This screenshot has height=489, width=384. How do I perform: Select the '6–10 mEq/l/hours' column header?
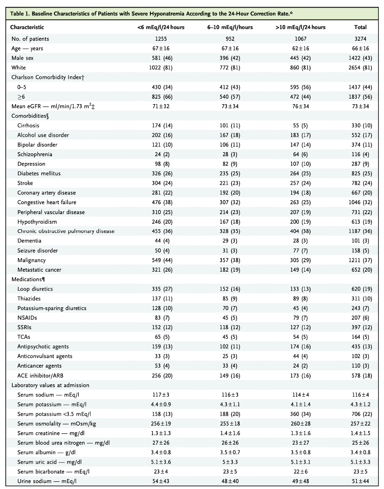coord(230,27)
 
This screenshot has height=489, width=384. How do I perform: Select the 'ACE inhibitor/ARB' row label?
coord(40,375)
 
